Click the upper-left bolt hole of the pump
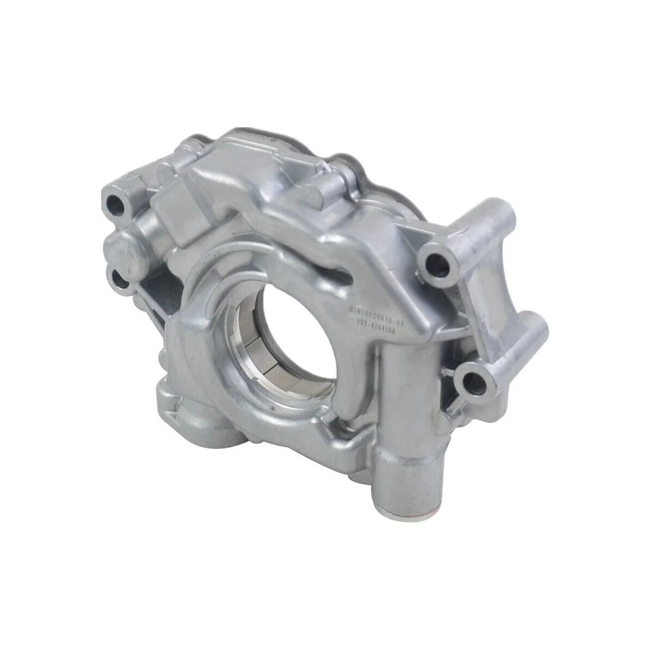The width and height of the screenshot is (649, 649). click(116, 204)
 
